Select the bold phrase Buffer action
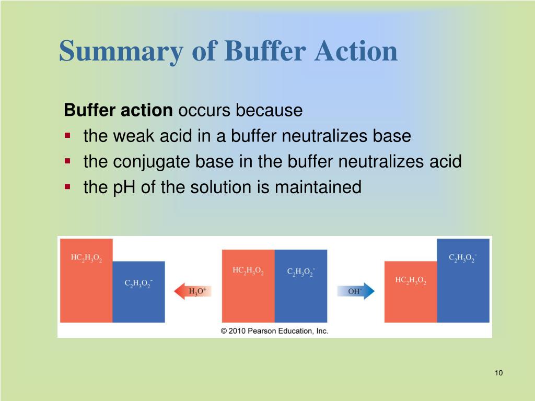118,111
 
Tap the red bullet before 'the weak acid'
67,136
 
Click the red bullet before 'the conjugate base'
67,161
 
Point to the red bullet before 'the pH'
67,186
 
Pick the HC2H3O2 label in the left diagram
86,258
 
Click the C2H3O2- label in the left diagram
138,284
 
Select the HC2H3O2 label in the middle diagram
248,271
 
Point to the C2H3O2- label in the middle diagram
301,272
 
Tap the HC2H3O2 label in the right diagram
411,281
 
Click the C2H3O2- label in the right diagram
463,258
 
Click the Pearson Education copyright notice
274,331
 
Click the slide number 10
498,373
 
